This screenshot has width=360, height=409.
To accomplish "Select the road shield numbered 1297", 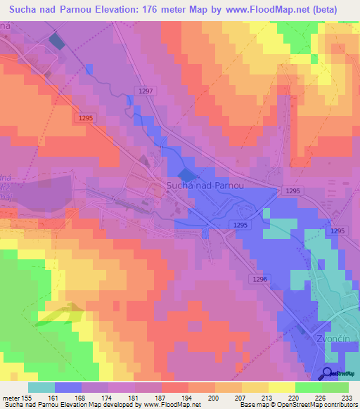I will (x=146, y=91).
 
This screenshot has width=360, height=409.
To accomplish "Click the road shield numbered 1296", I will (x=260, y=279).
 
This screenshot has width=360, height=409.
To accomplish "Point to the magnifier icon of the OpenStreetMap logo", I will (x=329, y=373).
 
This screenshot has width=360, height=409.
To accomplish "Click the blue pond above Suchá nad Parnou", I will (x=186, y=174).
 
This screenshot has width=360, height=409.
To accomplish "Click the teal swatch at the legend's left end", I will (x=41, y=387).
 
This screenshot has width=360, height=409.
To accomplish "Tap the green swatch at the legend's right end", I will (x=335, y=387).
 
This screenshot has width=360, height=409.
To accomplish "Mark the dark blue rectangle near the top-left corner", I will (x=56, y=41).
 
